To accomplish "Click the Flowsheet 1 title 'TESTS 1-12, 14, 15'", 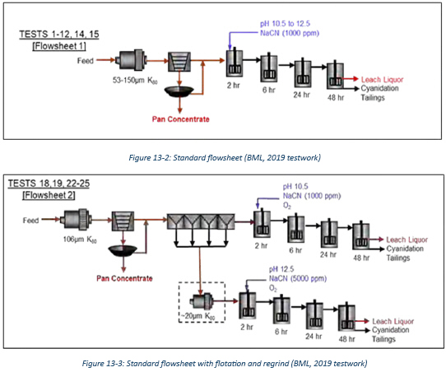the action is coord(59,35).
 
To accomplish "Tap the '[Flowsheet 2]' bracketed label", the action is coord(49,195).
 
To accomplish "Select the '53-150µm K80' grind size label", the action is coord(135,81).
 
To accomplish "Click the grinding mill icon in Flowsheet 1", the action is coord(131,60).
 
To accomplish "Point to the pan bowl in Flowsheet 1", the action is coord(179,91).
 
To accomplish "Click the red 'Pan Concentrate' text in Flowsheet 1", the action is coord(180,119).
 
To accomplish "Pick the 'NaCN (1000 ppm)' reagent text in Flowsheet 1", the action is coord(290,33).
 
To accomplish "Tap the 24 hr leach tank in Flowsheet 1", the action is coord(303,73).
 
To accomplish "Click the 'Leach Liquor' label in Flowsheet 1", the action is coord(382,80).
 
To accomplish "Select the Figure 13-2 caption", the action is coord(225,157).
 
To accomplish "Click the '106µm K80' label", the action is coord(80,239).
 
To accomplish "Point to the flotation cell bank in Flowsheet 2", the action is coord(201,221).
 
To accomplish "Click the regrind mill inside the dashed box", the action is coord(202,301).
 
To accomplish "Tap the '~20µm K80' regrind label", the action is coord(198,316).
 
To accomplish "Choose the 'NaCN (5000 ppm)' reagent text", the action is coord(298,278).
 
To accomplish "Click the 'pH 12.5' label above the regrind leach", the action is coord(281,269).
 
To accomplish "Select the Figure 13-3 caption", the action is coord(225,364).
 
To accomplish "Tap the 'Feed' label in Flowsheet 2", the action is coord(30,221).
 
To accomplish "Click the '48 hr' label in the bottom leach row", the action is coord(346,339).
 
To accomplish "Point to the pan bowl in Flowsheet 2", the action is coord(123,250).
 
